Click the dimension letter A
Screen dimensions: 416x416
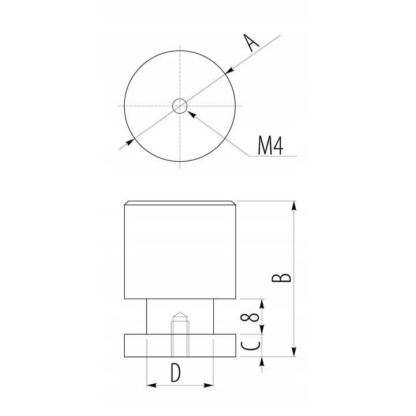click(252, 43)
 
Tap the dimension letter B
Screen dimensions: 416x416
click(281, 278)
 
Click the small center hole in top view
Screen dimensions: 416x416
click(180, 106)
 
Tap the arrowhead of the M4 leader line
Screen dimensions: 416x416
click(191, 113)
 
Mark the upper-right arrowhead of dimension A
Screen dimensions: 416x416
click(228, 72)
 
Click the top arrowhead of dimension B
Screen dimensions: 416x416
click(295, 205)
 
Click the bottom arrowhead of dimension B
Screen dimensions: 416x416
click(295, 353)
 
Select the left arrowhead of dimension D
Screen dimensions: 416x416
click(151, 384)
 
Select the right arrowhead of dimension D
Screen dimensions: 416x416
click(211, 384)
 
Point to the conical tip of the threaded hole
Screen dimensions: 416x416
click(180, 315)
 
